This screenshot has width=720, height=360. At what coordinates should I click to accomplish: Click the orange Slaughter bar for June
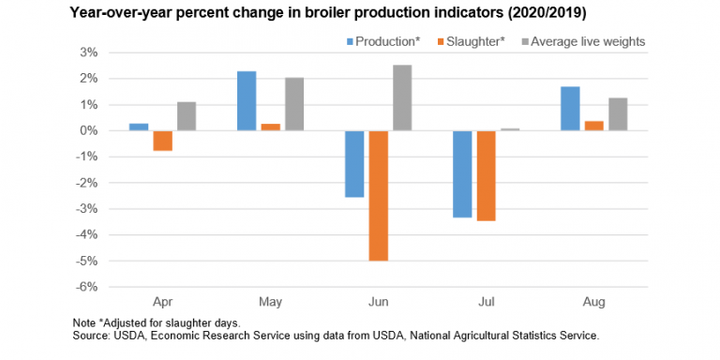pos(378,195)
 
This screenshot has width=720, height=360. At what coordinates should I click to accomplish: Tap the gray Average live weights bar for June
pos(401,97)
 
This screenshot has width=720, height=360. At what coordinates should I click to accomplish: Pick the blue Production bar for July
pos(462,173)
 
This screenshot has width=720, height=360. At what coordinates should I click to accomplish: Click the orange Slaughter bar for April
pos(162,141)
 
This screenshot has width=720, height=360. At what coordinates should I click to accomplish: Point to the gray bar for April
pos(186,116)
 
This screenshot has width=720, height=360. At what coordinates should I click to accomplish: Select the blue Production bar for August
pos(570,108)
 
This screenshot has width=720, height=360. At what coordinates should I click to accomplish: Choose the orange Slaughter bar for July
pos(486,175)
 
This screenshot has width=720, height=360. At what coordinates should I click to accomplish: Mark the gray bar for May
pos(293,103)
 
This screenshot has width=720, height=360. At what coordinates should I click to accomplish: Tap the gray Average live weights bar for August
pos(617,113)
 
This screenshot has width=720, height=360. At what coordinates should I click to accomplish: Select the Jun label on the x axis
pos(378,303)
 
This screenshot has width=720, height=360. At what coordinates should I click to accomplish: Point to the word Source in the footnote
pos(92,334)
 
